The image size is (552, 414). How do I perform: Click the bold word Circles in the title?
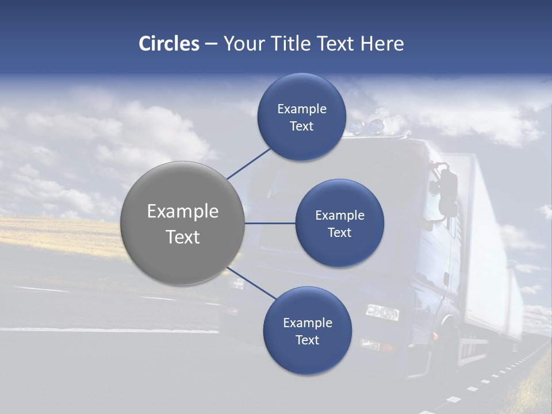tap(169, 44)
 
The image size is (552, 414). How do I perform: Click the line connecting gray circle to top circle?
tap(249, 163)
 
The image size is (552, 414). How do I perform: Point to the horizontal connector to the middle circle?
tap(270, 223)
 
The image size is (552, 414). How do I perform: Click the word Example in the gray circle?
tap(183, 212)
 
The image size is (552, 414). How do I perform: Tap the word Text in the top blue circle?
tap(302, 126)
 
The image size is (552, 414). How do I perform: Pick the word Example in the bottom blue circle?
tap(308, 323)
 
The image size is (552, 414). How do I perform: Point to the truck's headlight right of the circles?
tap(382, 312)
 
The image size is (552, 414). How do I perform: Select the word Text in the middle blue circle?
tap(339, 233)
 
